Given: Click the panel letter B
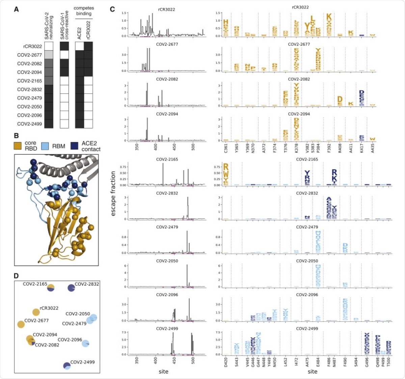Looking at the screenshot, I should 16,136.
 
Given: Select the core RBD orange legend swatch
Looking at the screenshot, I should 18,146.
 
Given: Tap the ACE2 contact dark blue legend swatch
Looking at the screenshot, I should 74,146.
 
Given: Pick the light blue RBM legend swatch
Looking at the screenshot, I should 45,146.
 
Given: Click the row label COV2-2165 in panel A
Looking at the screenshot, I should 29,81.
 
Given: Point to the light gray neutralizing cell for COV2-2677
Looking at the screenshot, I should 49,55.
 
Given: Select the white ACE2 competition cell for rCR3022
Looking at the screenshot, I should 79,46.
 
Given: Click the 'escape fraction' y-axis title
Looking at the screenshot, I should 113,193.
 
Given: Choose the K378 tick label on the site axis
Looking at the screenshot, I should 296,147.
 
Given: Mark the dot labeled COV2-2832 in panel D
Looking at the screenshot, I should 71,288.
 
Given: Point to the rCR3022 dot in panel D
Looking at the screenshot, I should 36,312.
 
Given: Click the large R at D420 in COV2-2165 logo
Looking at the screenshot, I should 226,167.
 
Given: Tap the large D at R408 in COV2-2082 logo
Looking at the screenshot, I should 340,99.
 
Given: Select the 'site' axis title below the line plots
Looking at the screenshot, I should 163,372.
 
